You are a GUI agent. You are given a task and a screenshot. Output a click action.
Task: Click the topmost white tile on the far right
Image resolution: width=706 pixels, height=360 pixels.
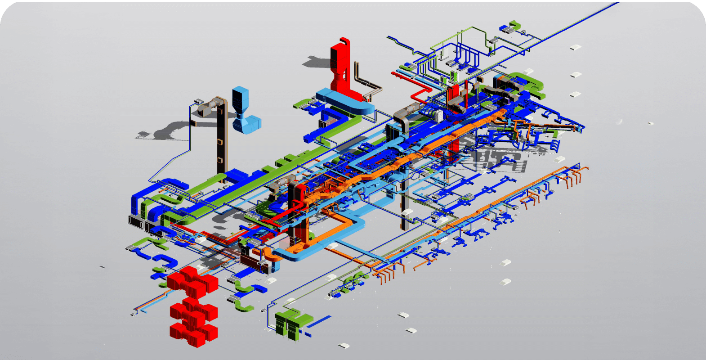click(x=576, y=47)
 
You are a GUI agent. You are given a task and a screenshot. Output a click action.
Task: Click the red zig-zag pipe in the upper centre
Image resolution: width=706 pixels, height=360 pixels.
click(x=418, y=94)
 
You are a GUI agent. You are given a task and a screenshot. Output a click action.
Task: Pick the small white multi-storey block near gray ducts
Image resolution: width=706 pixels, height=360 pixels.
click(x=439, y=115)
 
